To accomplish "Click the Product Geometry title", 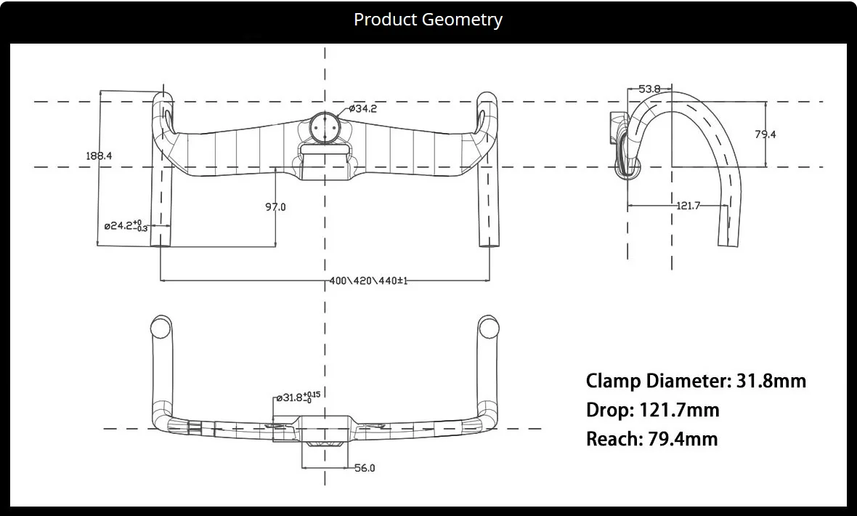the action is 428,20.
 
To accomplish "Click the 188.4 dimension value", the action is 99,156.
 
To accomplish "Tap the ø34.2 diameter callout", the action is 363,109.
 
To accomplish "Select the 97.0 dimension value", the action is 275,207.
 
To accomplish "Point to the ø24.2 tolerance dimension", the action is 126,225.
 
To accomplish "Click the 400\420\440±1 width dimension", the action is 368,281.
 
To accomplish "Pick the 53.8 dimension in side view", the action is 649,89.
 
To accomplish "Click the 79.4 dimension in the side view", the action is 765,134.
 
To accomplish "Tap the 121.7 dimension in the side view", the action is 688,206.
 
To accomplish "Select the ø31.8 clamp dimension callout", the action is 298,398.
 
